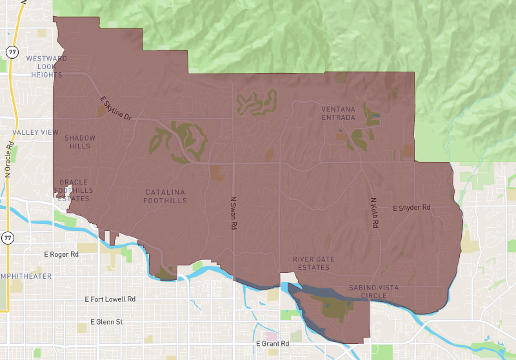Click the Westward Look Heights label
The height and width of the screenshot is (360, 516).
(x=46, y=66)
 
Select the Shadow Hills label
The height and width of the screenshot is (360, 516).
(x=80, y=142)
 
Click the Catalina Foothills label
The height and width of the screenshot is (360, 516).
(x=166, y=196)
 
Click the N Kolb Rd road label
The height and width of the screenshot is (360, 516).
(x=373, y=212)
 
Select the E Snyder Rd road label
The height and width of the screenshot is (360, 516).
(x=412, y=208)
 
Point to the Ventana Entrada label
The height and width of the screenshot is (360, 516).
(x=338, y=113)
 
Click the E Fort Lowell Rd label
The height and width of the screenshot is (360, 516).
(x=110, y=299)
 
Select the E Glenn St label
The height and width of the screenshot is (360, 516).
(x=106, y=321)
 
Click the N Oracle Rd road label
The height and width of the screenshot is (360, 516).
(x=9, y=157)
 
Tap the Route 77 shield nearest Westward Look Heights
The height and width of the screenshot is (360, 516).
(x=12, y=51)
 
